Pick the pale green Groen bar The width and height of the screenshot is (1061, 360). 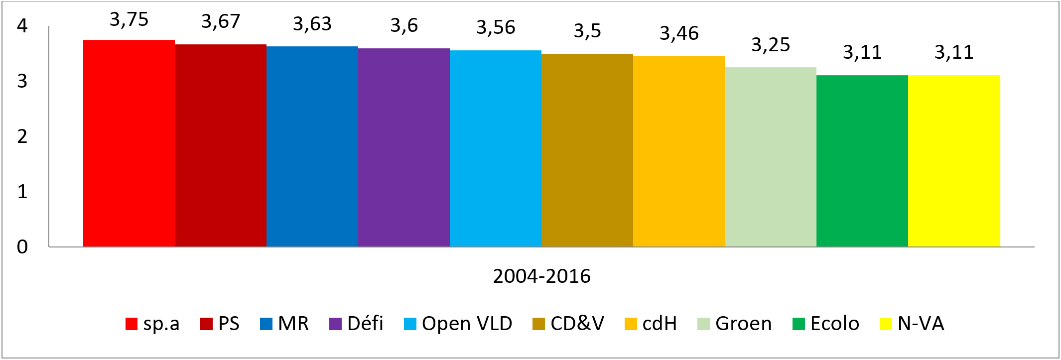(x=771, y=157)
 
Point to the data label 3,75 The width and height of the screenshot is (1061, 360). (x=129, y=20)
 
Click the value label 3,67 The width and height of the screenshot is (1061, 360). (x=221, y=22)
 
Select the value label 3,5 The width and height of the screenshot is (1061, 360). (x=587, y=31)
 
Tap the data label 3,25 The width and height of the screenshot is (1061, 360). (x=771, y=45)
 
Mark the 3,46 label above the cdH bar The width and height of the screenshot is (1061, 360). (x=679, y=33)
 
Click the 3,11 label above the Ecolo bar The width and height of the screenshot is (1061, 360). (x=862, y=52)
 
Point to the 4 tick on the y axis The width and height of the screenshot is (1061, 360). (x=22, y=26)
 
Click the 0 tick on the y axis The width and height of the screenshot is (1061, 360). (x=22, y=247)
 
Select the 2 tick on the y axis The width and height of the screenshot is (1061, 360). (x=22, y=136)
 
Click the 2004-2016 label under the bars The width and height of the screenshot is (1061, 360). (x=541, y=276)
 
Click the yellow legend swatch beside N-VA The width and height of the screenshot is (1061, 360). (x=886, y=324)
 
